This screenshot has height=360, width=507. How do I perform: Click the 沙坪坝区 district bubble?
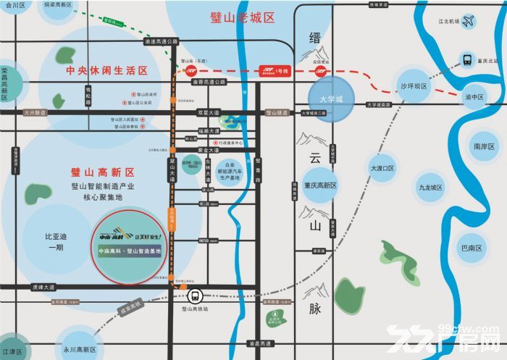pos(414,86)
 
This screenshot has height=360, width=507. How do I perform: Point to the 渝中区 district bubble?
pos(474,96)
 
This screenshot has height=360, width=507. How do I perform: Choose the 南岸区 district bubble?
pos(483,146)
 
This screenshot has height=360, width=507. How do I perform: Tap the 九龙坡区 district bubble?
pos(430,187)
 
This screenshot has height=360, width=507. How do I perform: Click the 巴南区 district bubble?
pos(472,248)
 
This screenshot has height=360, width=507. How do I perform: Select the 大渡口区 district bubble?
pos(381,168)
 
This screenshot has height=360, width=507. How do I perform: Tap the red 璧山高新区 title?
pos(104,172)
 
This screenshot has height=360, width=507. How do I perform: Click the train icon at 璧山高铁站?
pos(194,296)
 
